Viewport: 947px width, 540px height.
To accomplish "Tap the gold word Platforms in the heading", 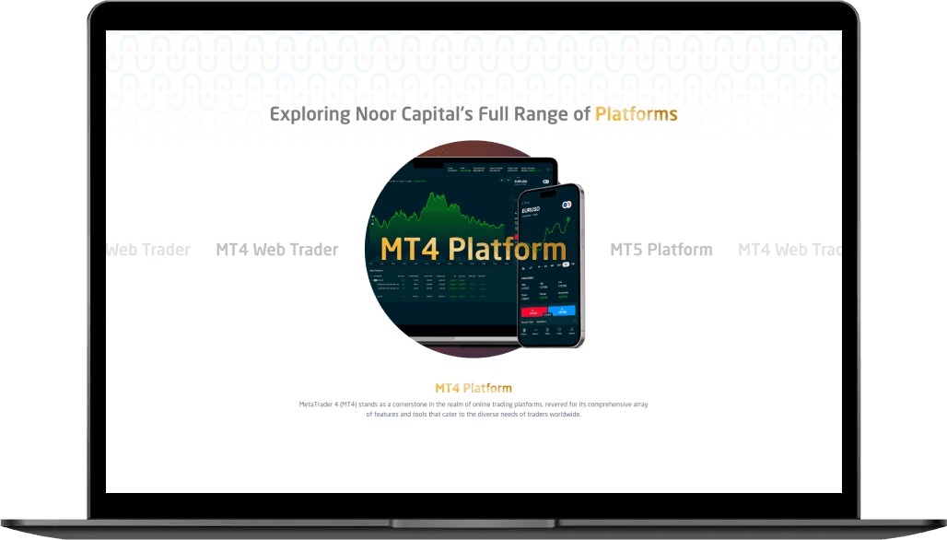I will (636, 115).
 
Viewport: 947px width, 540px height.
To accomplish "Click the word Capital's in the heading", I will (441, 115).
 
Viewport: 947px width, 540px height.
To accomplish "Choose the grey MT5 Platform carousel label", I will (661, 250).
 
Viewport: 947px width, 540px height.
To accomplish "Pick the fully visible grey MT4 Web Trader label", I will (276, 250).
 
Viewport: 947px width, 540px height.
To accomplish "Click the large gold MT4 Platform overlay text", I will (473, 249).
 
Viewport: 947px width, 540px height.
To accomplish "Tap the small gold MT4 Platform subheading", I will (473, 388).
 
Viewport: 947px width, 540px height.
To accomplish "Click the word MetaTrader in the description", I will (318, 405).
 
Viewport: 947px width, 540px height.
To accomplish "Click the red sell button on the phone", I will (533, 313).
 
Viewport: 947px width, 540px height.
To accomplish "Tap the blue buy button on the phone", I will (561, 311).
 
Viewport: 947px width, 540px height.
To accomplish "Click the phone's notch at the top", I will (551, 192).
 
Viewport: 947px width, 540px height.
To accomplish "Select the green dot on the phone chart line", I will (570, 219).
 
